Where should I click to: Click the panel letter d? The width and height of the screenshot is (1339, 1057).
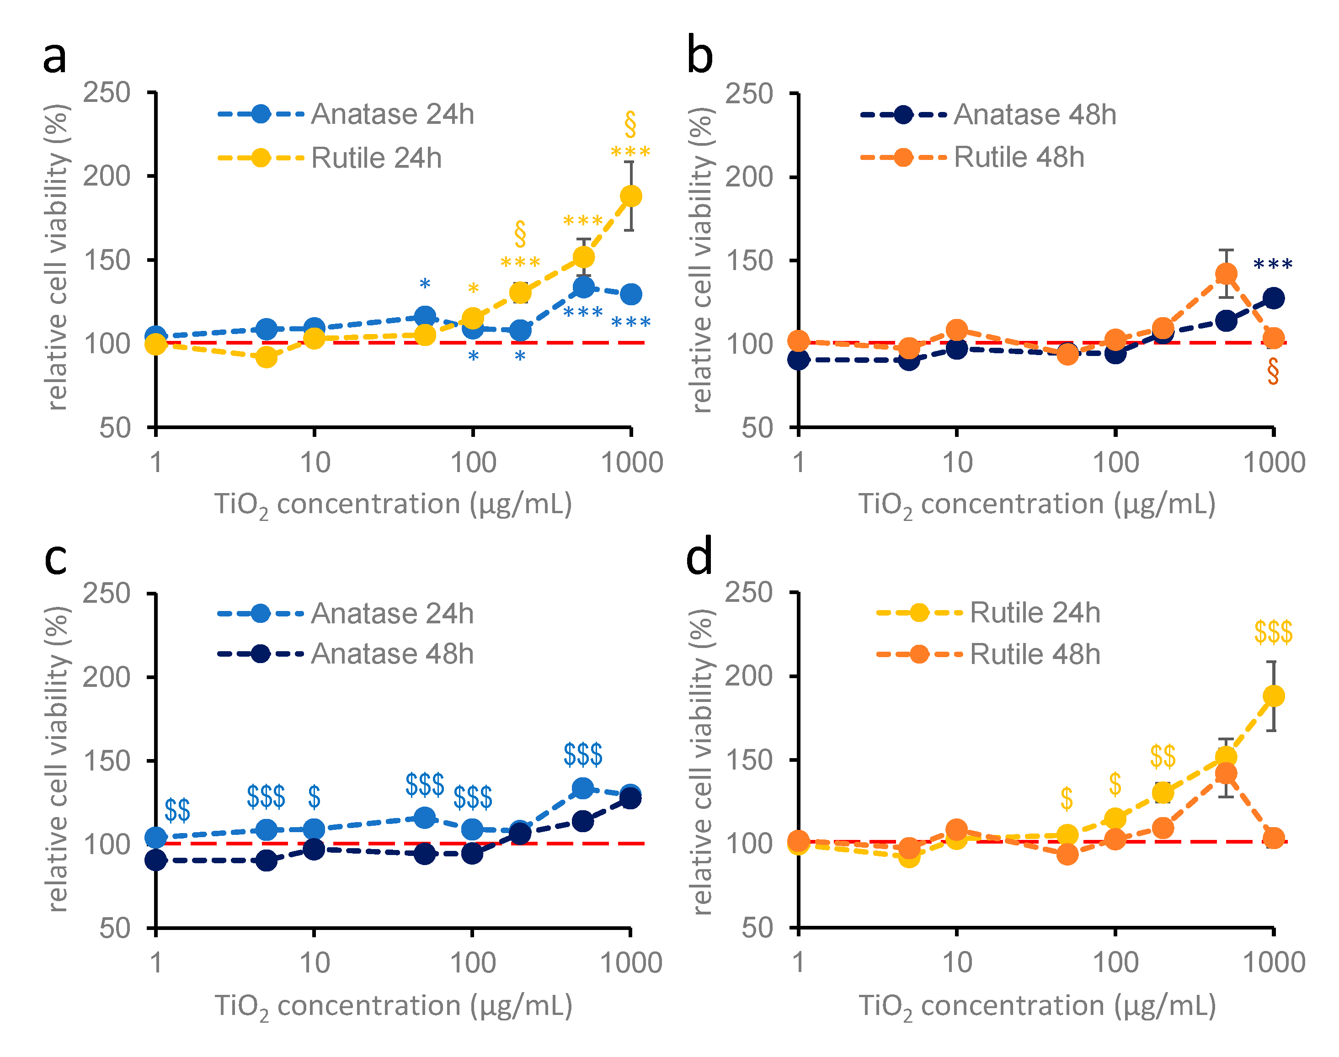(699, 557)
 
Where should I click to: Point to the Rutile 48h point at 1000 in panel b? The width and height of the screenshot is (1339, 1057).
(1273, 338)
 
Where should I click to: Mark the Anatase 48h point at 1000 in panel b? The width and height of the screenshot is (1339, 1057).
(1273, 297)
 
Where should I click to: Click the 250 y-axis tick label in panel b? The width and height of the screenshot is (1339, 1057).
(749, 94)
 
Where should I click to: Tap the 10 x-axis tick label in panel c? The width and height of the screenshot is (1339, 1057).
(314, 963)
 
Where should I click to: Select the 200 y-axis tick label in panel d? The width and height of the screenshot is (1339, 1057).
(749, 676)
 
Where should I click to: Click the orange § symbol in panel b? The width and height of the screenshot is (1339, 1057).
(1273, 372)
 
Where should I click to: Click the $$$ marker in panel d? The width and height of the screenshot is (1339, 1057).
(1273, 632)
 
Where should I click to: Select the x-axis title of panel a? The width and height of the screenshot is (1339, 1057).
(393, 505)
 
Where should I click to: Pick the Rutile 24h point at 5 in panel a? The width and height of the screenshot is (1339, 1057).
(266, 357)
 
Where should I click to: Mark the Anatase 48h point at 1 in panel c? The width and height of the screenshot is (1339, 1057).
(155, 860)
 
